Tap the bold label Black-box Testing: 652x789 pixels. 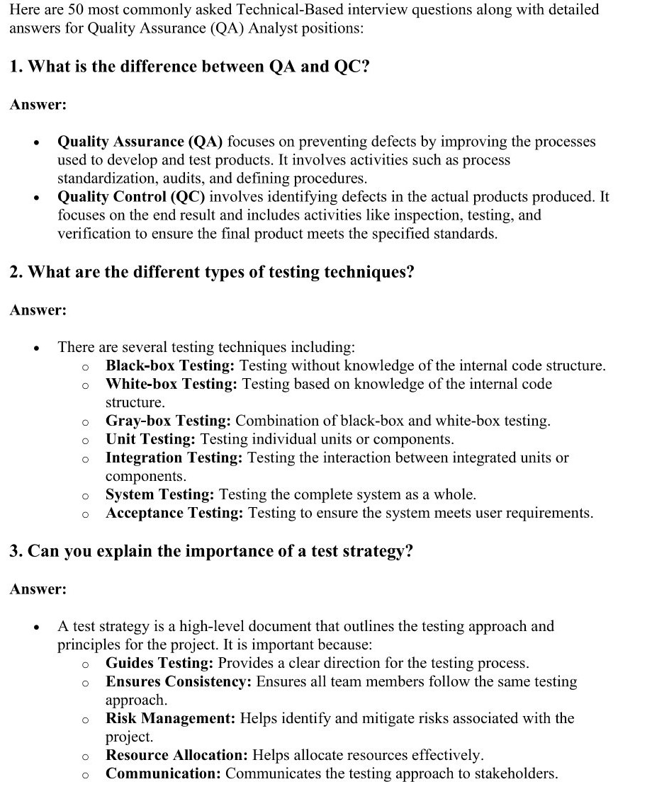point(170,365)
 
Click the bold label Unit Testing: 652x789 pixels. point(151,439)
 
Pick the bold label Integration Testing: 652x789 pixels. point(174,458)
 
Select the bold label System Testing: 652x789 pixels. point(160,494)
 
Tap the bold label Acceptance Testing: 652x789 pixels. point(175,513)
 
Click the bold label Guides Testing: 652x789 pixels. point(159,663)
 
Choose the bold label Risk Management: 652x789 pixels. point(171,718)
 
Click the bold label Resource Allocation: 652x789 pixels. point(176,755)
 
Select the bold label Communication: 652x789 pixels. point(164,773)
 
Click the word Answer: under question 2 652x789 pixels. point(38,310)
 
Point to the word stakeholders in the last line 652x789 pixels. point(515,773)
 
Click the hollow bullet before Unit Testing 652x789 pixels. point(84,441)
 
